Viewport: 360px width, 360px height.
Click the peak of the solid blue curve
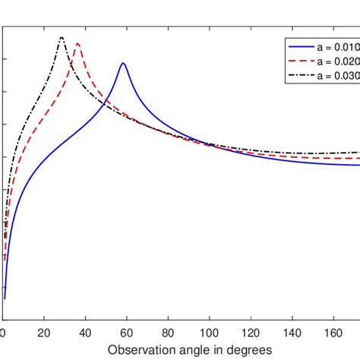[122, 63]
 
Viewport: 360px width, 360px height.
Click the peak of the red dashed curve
[77, 43]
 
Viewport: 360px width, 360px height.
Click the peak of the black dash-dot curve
[62, 37]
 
